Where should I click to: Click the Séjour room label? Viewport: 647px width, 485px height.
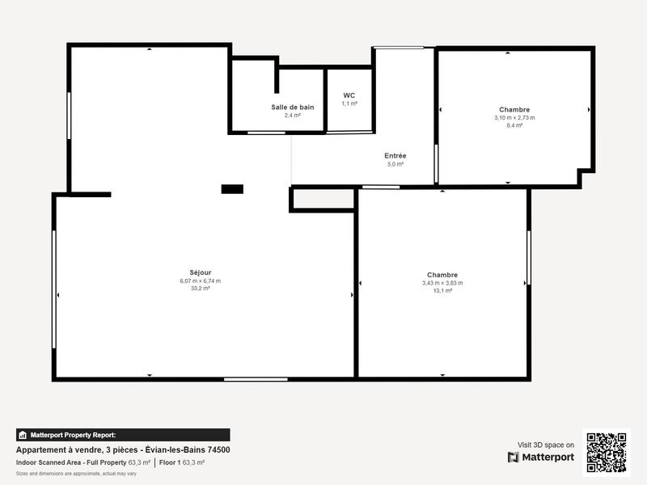(200, 273)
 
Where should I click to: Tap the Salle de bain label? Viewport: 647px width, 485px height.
(292, 107)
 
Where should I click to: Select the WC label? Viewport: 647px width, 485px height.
(349, 95)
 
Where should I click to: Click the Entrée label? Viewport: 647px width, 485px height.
(395, 155)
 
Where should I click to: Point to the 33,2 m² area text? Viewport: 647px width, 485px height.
(200, 289)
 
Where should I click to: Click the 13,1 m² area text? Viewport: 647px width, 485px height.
(442, 290)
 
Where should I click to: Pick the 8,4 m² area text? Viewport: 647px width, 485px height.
(514, 125)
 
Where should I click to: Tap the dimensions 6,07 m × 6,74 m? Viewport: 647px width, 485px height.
(200, 281)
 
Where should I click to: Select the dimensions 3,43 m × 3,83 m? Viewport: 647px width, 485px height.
(442, 283)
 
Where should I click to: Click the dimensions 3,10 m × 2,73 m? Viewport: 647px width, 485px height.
(514, 117)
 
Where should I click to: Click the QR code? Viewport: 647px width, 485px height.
(606, 453)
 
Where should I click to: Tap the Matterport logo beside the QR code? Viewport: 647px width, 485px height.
(541, 457)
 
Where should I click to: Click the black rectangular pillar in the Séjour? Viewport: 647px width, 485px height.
(232, 189)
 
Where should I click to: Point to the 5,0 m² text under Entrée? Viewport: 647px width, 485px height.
(395, 164)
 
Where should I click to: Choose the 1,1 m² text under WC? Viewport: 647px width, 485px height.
(349, 103)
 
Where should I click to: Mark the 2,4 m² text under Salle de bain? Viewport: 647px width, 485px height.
(292, 116)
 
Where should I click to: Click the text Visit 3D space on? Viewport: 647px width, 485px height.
(546, 445)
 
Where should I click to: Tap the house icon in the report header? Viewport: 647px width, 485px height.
(23, 435)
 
